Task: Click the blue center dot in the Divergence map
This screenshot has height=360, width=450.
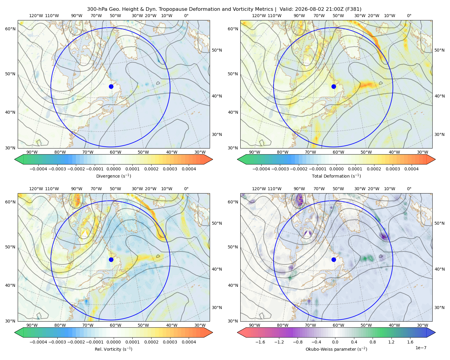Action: coord(111,86)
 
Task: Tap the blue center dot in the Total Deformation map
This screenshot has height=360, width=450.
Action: coord(334,86)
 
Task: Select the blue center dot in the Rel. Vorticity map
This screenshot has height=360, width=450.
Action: coord(111,259)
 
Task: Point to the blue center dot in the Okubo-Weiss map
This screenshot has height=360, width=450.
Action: coord(334,259)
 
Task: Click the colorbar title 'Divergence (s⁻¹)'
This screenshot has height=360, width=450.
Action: coord(113,176)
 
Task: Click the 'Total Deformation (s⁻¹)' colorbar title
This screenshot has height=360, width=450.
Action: coord(336,176)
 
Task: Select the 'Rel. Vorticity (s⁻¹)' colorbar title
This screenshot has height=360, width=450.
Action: coord(113,349)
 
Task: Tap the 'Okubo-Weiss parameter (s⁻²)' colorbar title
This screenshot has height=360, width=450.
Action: coord(336,349)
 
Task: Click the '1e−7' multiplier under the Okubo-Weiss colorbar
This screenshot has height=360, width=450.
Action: coord(421,348)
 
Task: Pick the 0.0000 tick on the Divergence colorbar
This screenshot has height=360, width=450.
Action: coord(113,169)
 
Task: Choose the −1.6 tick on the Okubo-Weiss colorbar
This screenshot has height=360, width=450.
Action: coord(260,342)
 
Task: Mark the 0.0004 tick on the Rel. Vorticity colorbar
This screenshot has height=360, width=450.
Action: coord(189,342)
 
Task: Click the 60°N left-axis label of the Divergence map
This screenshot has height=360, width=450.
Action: coord(10,29)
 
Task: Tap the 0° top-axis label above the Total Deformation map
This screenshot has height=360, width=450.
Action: coord(409,16)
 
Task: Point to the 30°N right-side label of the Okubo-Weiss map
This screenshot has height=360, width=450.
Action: coord(439,307)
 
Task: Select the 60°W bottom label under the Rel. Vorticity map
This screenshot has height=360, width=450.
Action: coord(115,325)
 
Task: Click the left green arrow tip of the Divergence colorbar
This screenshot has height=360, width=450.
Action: coord(14,159)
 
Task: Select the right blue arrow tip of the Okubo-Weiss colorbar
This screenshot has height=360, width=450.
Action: coord(435,332)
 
